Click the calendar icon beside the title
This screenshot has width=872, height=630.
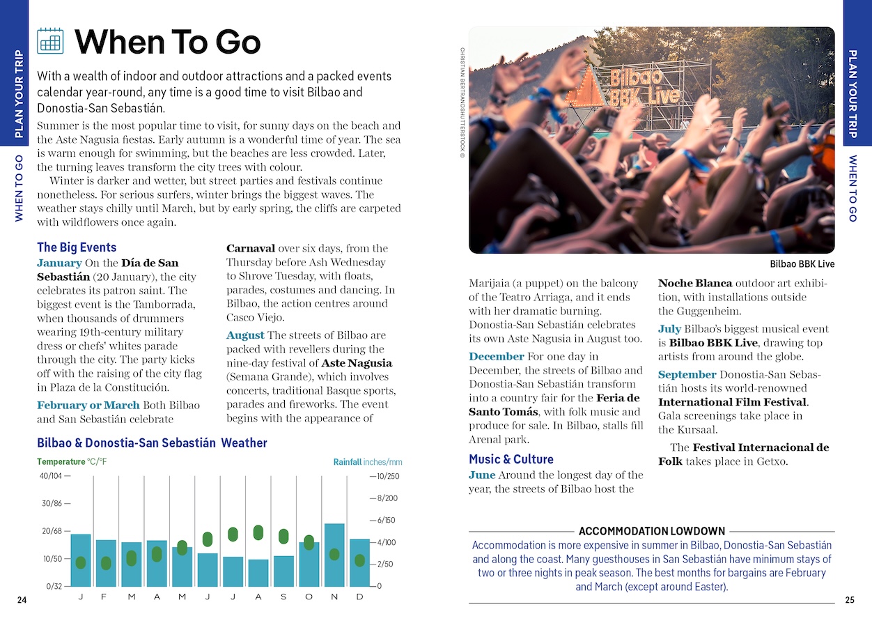tap(50, 41)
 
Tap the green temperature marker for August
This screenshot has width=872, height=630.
tap(258, 532)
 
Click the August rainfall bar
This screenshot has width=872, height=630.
tap(258, 572)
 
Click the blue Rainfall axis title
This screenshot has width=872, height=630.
tap(347, 461)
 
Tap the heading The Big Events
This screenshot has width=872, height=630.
tap(77, 247)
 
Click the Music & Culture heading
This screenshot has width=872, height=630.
tap(511, 459)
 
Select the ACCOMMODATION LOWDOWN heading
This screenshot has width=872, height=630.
tap(652, 531)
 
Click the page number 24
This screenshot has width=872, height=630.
tap(22, 600)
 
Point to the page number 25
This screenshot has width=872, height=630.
tap(849, 600)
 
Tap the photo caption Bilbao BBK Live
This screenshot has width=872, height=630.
tap(802, 264)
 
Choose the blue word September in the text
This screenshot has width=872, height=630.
tap(687, 374)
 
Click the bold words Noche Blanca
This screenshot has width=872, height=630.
tap(695, 283)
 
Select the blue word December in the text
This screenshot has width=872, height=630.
tap(497, 356)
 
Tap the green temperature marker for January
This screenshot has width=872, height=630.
tap(81, 562)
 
